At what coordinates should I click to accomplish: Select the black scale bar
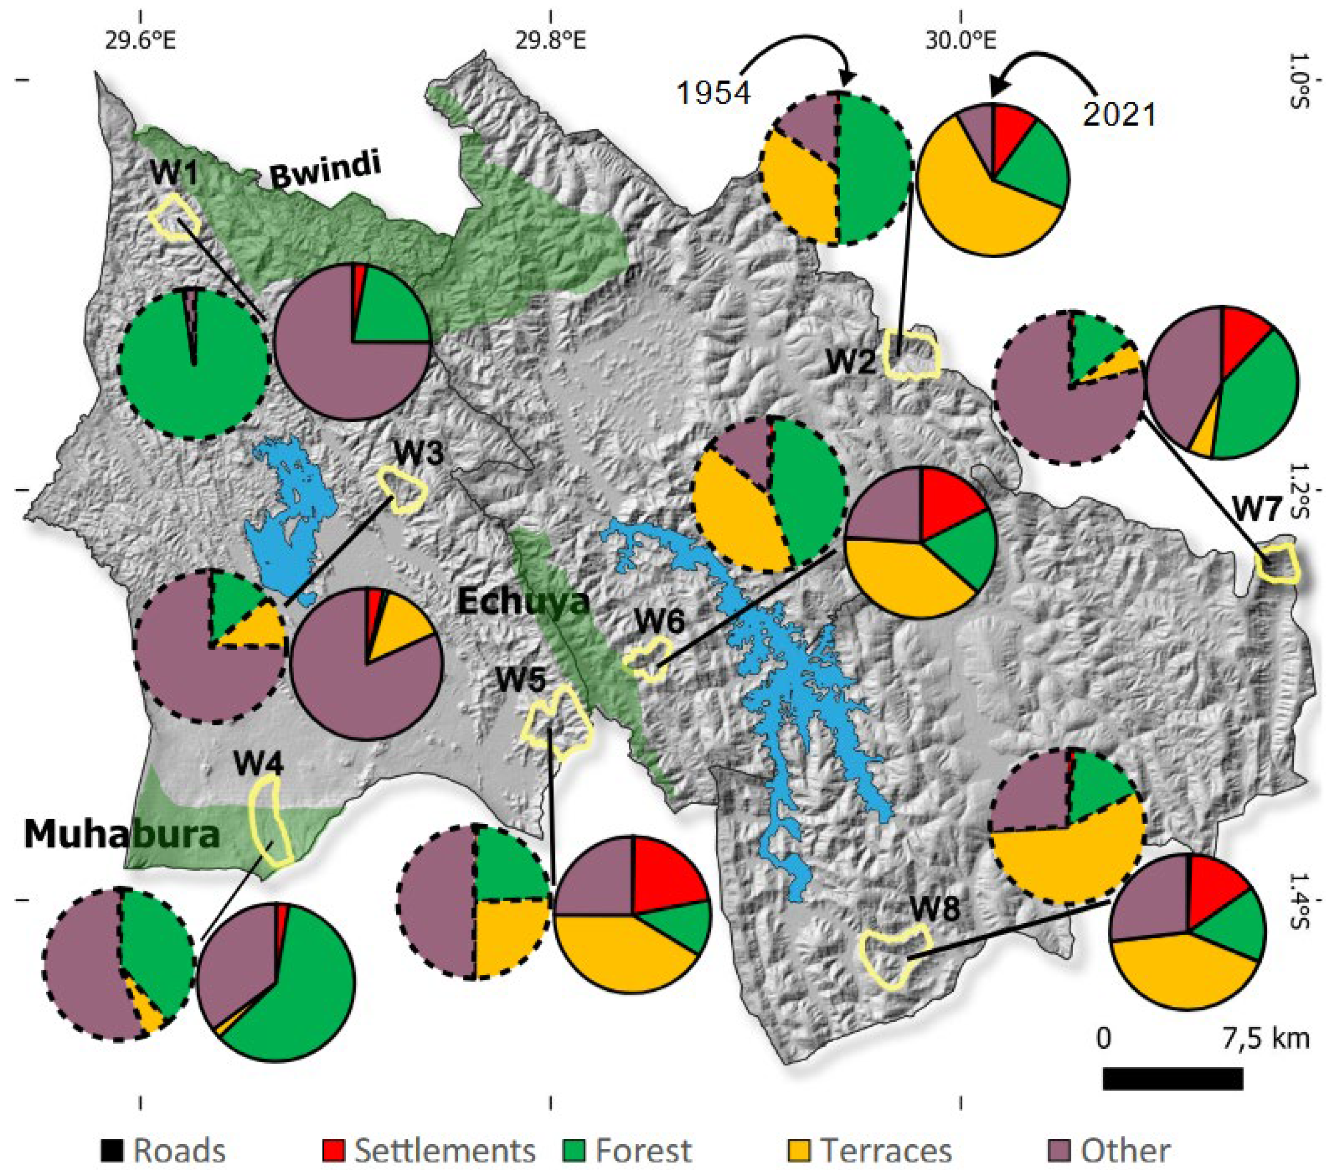coord(1172,1079)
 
